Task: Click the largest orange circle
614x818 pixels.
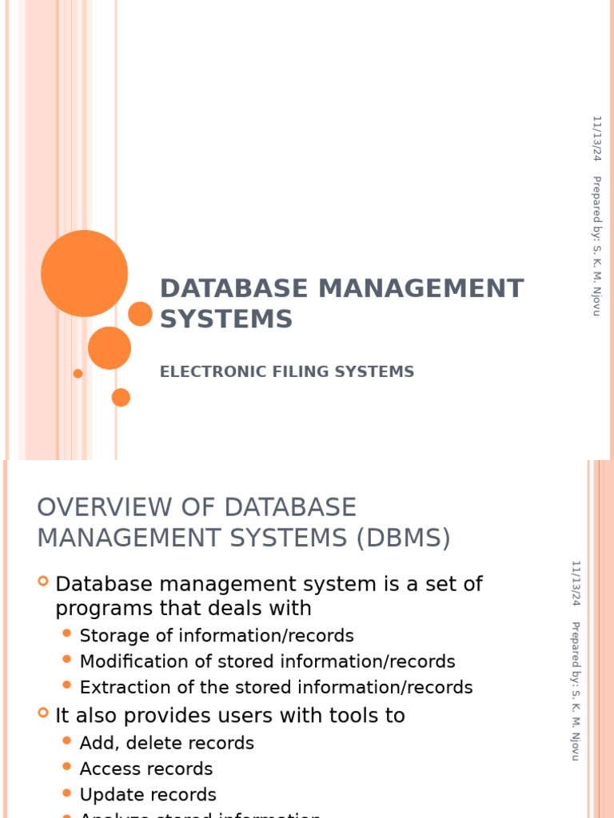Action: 84,273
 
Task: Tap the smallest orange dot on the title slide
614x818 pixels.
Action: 78,373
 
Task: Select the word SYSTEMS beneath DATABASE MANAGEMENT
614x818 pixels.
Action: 226,319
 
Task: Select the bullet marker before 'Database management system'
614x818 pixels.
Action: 43,581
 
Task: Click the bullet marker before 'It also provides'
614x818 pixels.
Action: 43,713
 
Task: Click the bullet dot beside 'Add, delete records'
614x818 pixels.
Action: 67,741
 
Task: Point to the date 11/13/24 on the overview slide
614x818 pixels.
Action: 575,582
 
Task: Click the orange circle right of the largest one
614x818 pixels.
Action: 140,314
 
